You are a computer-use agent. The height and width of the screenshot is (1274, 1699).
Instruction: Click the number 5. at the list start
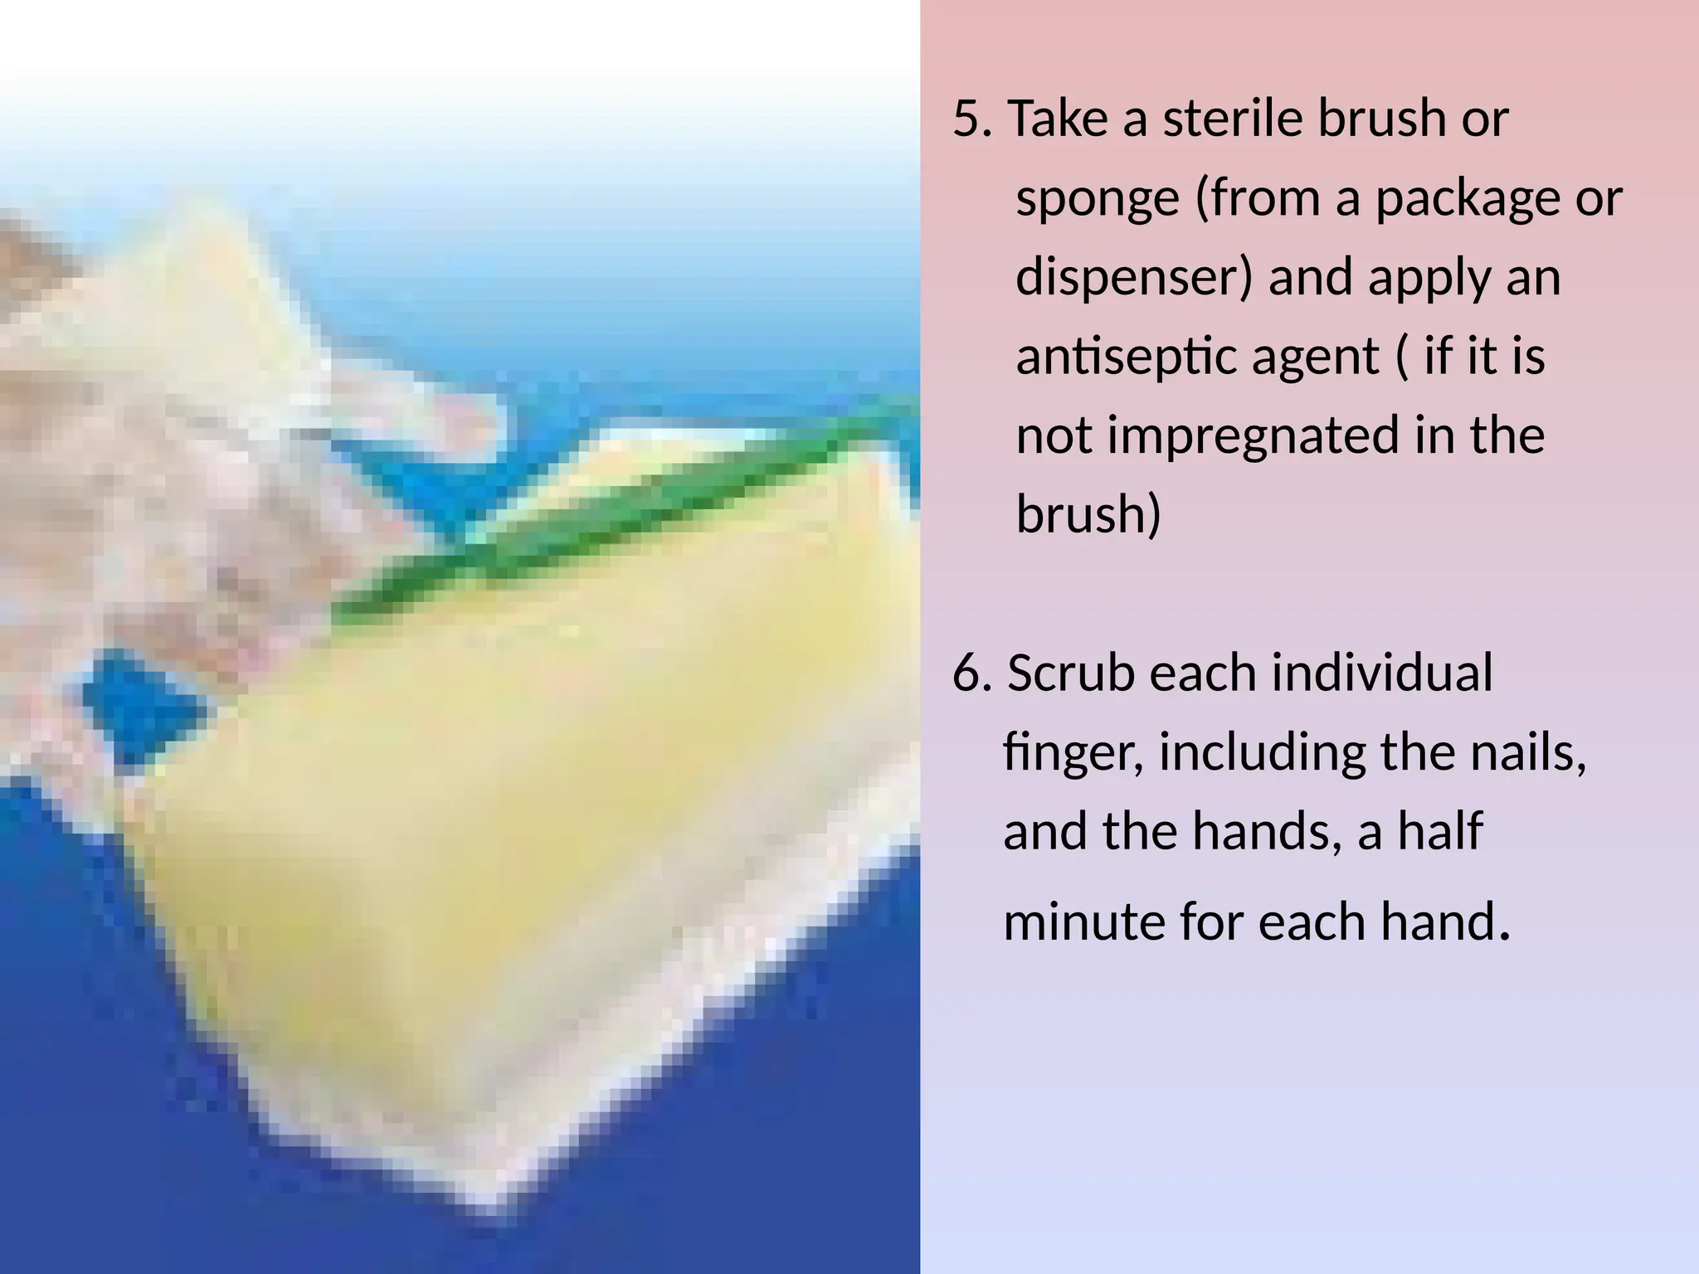click(971, 119)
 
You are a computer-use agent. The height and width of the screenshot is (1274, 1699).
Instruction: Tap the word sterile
click(1232, 119)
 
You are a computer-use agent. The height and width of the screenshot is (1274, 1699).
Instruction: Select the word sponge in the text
click(1098, 200)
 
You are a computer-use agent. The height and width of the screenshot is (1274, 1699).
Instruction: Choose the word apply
click(1429, 279)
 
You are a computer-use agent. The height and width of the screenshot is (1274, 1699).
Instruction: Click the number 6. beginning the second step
click(971, 673)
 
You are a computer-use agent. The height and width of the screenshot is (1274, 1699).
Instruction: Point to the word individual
click(1382, 673)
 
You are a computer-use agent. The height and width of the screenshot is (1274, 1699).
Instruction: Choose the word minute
click(1083, 921)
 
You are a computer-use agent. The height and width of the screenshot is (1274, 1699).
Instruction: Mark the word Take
click(1058, 119)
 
